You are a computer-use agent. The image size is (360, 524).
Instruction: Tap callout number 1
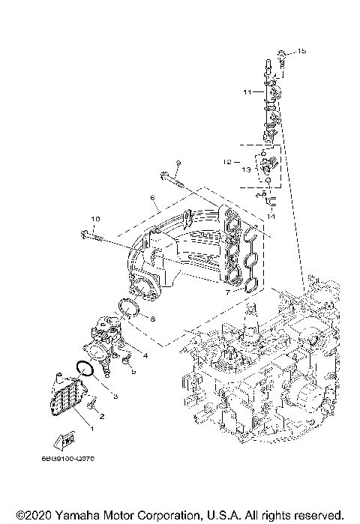91,427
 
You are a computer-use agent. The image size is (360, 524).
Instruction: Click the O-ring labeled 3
85,370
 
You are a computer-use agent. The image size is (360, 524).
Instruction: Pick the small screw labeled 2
92,404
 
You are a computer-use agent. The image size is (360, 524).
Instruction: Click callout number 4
145,355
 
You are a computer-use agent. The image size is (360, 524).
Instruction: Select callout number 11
247,92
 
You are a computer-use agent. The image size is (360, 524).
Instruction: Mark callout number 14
271,216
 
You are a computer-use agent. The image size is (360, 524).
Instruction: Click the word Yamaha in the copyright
73,516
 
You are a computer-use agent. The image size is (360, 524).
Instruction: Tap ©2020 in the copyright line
32,516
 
